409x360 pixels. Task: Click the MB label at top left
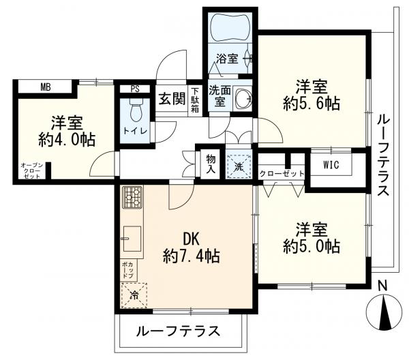coord(45,87)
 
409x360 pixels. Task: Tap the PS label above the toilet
coord(135,89)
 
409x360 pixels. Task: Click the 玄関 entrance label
coord(172,98)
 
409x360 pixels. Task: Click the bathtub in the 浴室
coord(230,29)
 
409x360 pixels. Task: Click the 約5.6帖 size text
coord(312,104)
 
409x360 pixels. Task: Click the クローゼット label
coord(282,174)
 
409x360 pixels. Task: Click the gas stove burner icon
coord(132,198)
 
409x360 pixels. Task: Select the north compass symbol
coord(384,311)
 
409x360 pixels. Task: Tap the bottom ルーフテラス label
coord(179,331)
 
